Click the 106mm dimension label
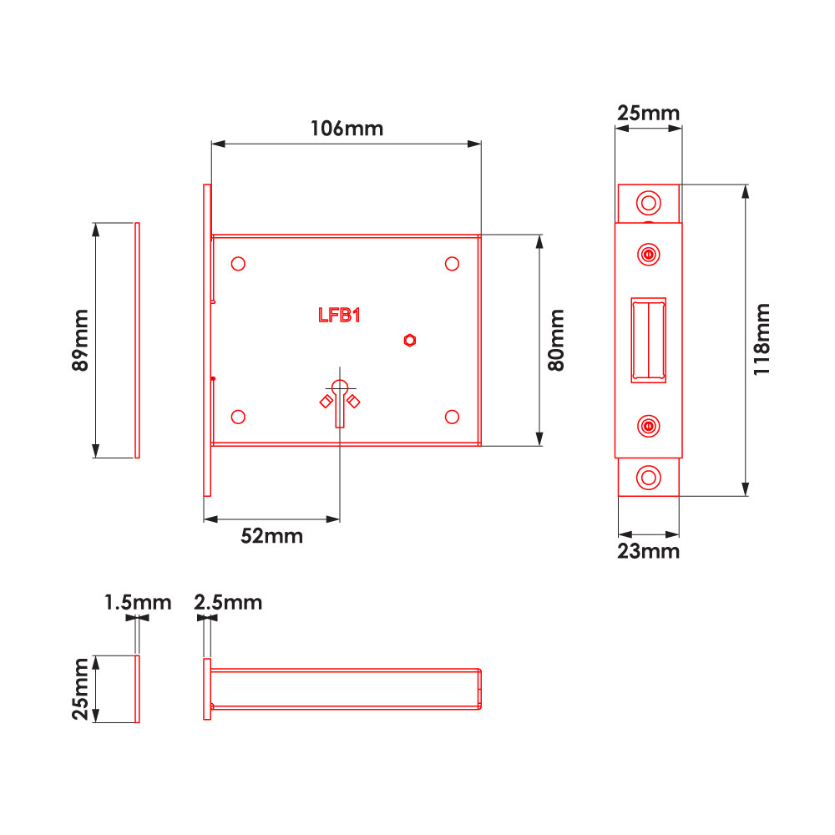pos(347,129)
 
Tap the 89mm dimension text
pos(81,341)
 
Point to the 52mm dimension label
pos(272,536)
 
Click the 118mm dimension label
pos(762,340)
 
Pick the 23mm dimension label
pos(649,551)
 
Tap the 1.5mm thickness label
pos(138,602)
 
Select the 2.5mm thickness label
pos(228,602)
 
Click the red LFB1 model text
pos(338,315)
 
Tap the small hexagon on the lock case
pos(410,339)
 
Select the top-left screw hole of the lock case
pos(238,264)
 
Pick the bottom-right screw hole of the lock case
pos(452,417)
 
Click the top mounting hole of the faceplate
pos(647,203)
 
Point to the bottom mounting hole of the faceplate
pos(647,477)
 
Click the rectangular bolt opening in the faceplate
pos(648,340)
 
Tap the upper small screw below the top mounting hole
pos(648,253)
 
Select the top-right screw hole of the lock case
pos(452,264)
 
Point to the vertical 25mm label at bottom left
pos(81,688)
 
